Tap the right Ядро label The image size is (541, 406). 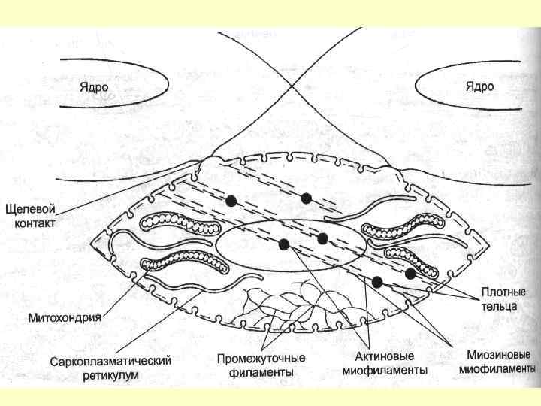click(x=479, y=86)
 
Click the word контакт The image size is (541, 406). click(x=34, y=223)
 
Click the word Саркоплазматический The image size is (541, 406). click(x=110, y=361)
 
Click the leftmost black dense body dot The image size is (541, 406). click(x=231, y=201)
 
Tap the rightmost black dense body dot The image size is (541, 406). click(x=410, y=272)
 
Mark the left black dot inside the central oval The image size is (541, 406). click(x=284, y=243)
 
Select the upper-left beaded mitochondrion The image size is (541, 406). click(x=172, y=223)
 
